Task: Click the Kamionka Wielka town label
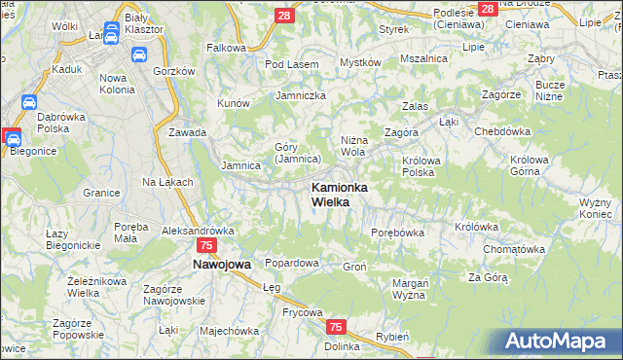click(x=338, y=194)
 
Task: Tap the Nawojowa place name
click(x=222, y=264)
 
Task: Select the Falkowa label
click(x=226, y=47)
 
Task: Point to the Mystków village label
click(x=359, y=62)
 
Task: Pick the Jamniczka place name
click(x=300, y=95)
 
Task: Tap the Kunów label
click(x=235, y=102)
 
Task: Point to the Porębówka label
click(x=397, y=233)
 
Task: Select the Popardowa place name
click(x=293, y=263)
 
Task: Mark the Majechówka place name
click(x=230, y=330)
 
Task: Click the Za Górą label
click(x=488, y=277)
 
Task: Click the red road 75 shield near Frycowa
click(x=336, y=328)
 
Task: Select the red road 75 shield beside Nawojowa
click(x=206, y=246)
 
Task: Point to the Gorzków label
click(x=174, y=72)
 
